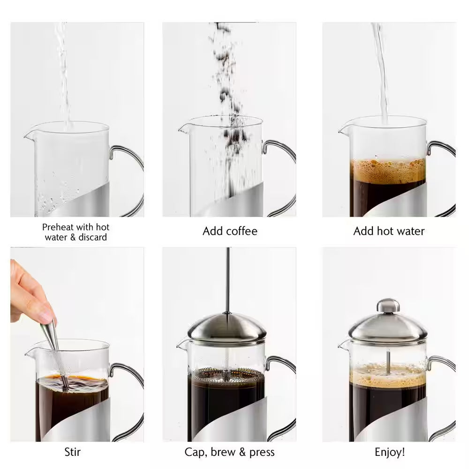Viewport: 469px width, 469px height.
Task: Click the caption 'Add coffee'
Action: point(230,231)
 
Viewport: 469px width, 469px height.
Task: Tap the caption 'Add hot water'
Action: point(388,231)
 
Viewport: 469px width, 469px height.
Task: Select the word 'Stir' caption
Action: point(72,452)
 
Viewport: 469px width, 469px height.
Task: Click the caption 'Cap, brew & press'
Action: point(229,452)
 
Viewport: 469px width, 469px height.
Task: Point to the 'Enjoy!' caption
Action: point(389,452)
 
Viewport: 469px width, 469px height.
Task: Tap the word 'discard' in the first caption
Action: point(91,237)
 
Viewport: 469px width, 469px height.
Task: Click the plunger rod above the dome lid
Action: point(227,281)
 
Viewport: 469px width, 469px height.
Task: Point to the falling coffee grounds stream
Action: point(227,94)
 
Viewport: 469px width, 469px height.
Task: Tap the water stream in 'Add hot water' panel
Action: point(381,70)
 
